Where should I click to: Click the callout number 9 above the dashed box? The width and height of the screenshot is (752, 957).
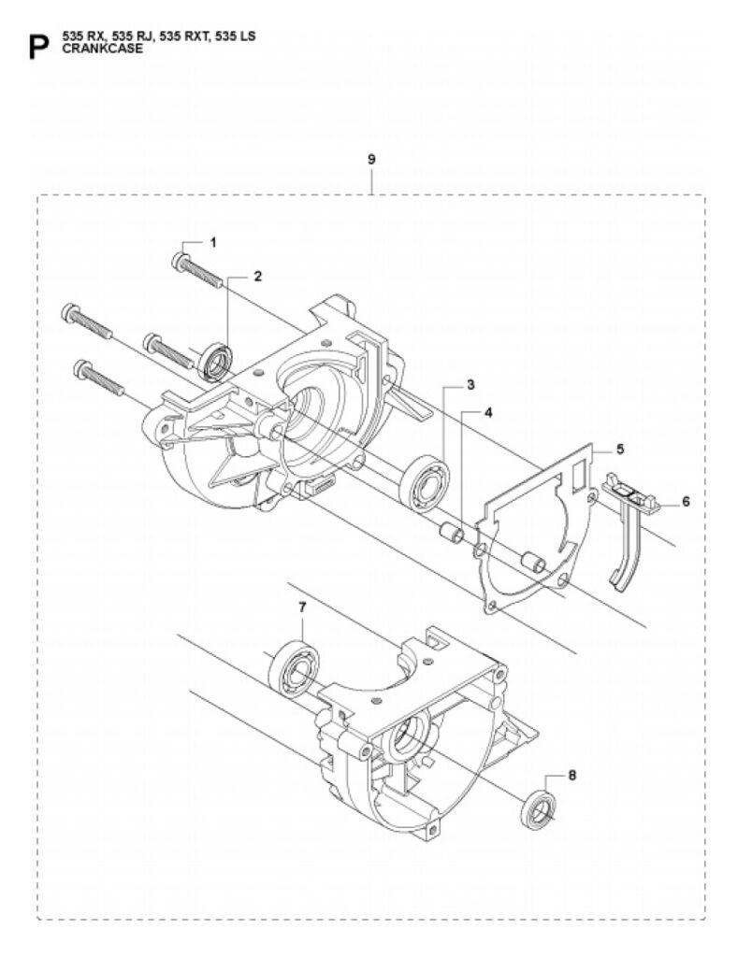(x=371, y=160)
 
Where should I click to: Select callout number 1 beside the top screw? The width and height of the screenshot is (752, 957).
(x=213, y=242)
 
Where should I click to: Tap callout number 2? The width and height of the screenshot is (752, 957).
(x=258, y=276)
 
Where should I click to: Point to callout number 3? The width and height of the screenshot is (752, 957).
(x=470, y=384)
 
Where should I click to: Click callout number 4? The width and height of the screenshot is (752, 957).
(x=488, y=412)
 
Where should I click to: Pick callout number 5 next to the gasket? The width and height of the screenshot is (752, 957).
(x=620, y=450)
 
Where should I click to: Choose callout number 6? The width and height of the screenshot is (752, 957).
(x=686, y=501)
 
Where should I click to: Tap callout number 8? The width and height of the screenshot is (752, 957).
(x=571, y=775)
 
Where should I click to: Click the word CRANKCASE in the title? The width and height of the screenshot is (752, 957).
(x=103, y=49)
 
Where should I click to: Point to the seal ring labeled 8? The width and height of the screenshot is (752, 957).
(x=540, y=810)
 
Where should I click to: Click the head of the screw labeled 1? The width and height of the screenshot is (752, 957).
(x=179, y=262)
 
